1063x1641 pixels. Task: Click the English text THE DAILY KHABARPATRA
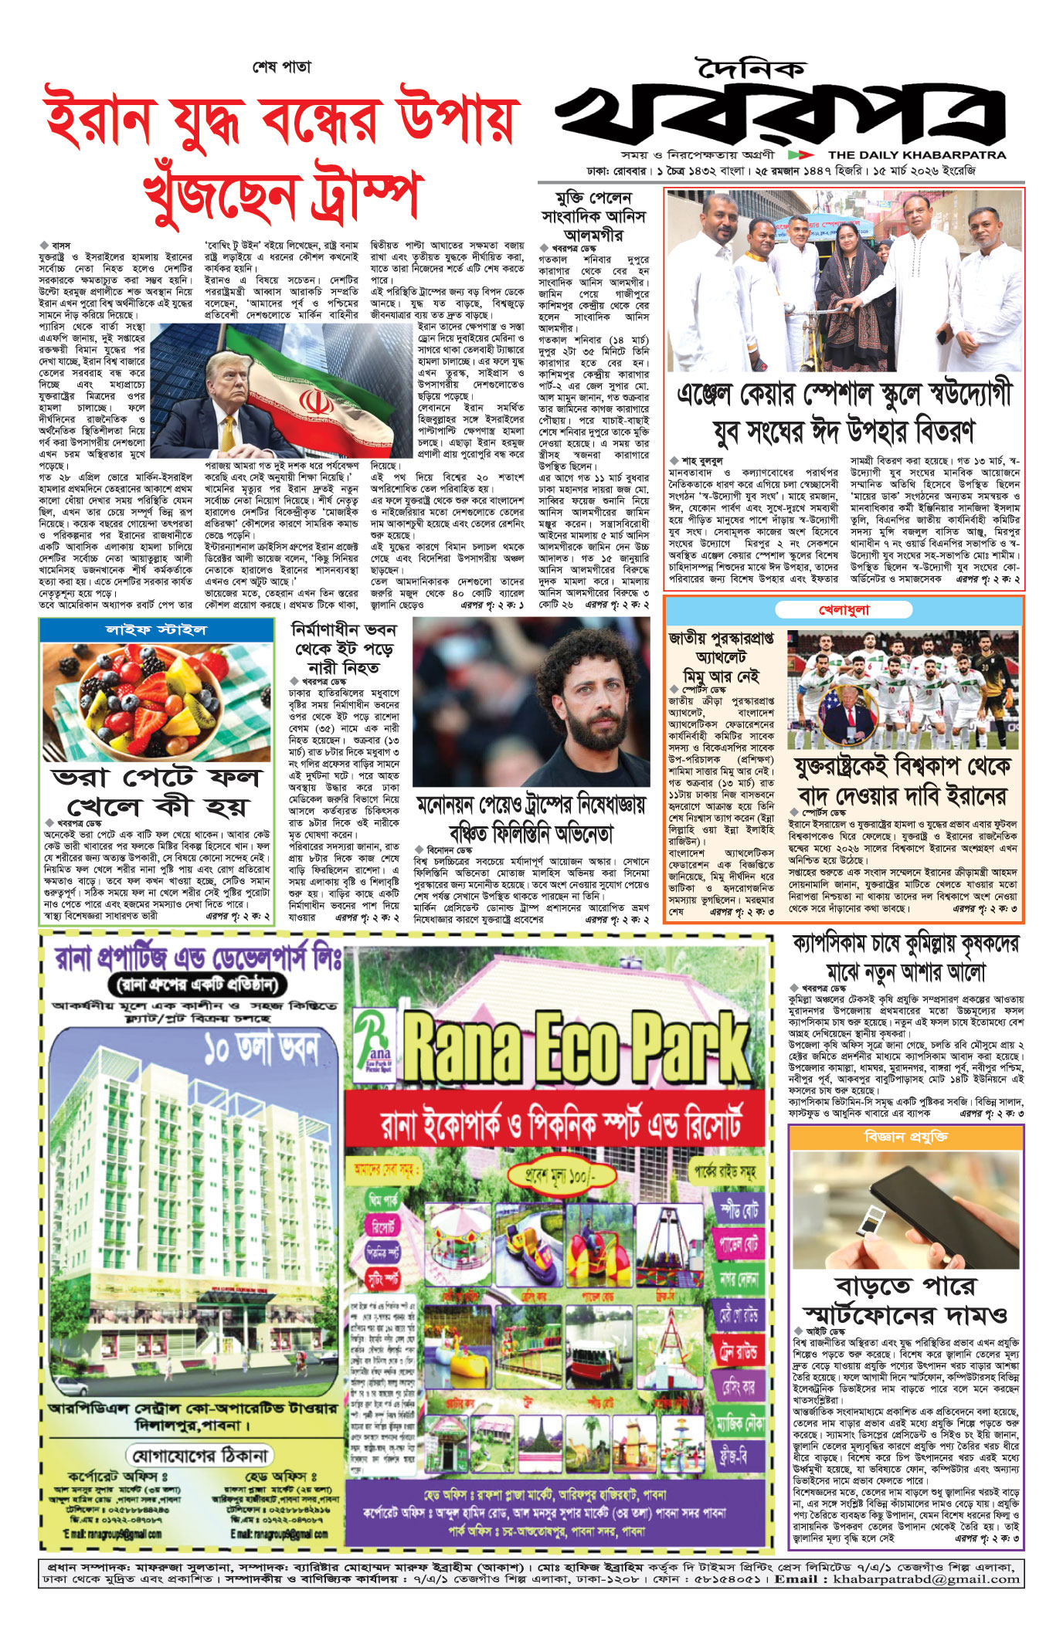click(917, 154)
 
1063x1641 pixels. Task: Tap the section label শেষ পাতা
click(283, 67)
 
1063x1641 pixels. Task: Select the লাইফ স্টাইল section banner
click(156, 630)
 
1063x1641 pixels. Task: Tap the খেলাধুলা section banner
click(844, 610)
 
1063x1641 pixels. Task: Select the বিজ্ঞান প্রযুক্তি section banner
click(905, 1138)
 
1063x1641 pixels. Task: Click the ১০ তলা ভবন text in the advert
click(261, 1049)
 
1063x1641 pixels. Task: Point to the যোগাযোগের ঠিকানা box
click(199, 1455)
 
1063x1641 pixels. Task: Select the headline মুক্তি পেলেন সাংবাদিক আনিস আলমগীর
click(593, 215)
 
